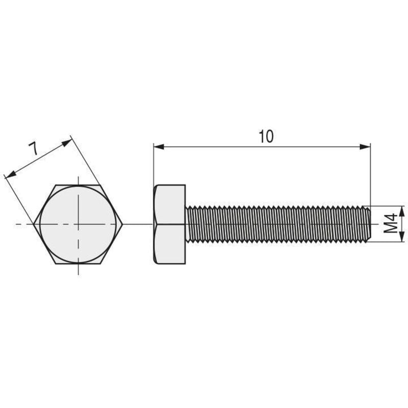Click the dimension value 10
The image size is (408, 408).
[x=266, y=137]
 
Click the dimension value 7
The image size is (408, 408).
[x=34, y=148]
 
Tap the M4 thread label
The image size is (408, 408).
[x=391, y=223]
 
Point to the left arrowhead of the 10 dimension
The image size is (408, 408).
[x=159, y=147]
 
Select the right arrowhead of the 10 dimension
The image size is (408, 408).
[x=365, y=147]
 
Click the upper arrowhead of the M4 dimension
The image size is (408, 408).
[x=402, y=211]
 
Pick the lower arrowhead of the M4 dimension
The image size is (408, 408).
[x=402, y=237]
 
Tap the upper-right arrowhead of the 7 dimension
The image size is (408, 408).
[x=66, y=143]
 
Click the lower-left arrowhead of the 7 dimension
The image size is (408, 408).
[x=10, y=175]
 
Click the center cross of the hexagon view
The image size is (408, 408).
[x=79, y=224]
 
